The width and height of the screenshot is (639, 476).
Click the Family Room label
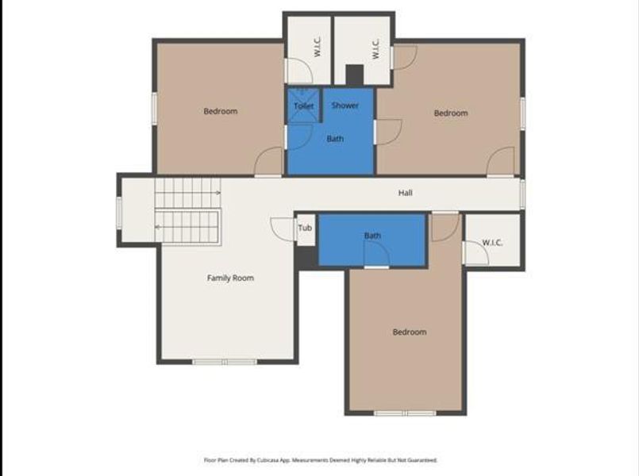(230, 278)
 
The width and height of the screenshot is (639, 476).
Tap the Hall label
(405, 193)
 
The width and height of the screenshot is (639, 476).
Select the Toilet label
(303, 106)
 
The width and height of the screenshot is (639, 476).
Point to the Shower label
(345, 106)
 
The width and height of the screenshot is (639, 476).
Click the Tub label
(306, 229)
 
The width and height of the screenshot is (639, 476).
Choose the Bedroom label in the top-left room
(220, 111)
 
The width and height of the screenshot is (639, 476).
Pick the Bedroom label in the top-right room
(450, 113)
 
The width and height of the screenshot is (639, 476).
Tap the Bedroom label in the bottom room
(410, 332)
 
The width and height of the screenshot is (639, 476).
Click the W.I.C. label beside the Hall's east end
(493, 242)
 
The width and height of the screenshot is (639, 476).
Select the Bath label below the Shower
(336, 139)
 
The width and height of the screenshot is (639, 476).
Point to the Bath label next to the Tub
(372, 236)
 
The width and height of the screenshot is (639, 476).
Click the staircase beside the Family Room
(187, 210)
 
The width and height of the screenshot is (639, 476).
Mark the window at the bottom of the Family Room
(225, 362)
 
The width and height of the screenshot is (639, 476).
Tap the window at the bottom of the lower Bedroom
(405, 413)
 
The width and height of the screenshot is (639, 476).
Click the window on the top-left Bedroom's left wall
(154, 107)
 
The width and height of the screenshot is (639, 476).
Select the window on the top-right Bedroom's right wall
(522, 113)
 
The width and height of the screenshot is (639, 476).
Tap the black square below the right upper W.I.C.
(354, 75)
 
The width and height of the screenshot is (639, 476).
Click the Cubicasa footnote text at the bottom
(320, 460)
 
